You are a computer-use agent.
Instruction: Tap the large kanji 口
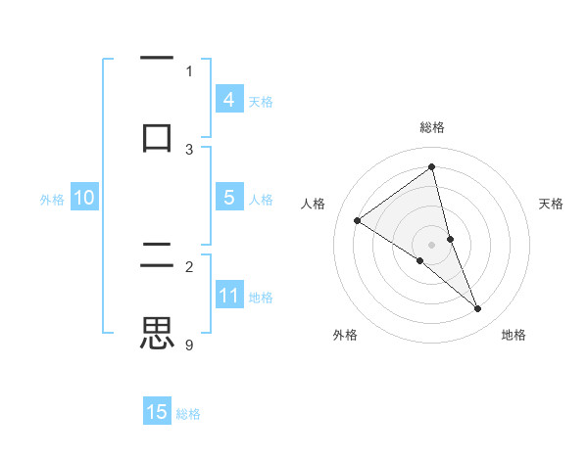[x=158, y=135]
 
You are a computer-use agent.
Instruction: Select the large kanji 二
[x=158, y=256]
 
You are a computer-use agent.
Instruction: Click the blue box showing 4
[x=229, y=100]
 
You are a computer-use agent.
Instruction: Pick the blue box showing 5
[x=229, y=198]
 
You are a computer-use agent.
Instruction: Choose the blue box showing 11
[x=229, y=296]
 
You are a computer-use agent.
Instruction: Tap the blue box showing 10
[x=84, y=198]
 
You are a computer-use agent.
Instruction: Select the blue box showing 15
[x=157, y=412]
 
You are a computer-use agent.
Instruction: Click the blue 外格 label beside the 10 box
[x=52, y=200]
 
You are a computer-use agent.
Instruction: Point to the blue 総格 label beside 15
[x=188, y=414]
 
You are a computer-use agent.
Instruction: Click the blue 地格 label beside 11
[x=261, y=298]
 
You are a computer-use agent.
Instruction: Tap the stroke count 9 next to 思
[x=189, y=345]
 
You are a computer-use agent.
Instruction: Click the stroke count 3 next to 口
[x=189, y=149]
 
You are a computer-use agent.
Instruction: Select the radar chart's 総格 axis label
[x=432, y=127]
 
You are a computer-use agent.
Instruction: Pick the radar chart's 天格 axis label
[x=552, y=204]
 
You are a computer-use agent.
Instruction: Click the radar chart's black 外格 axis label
[x=345, y=336]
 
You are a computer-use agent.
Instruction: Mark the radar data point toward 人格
[x=357, y=220]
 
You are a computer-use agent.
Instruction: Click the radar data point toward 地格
[x=478, y=309]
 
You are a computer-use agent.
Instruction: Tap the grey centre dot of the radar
[x=432, y=244]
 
